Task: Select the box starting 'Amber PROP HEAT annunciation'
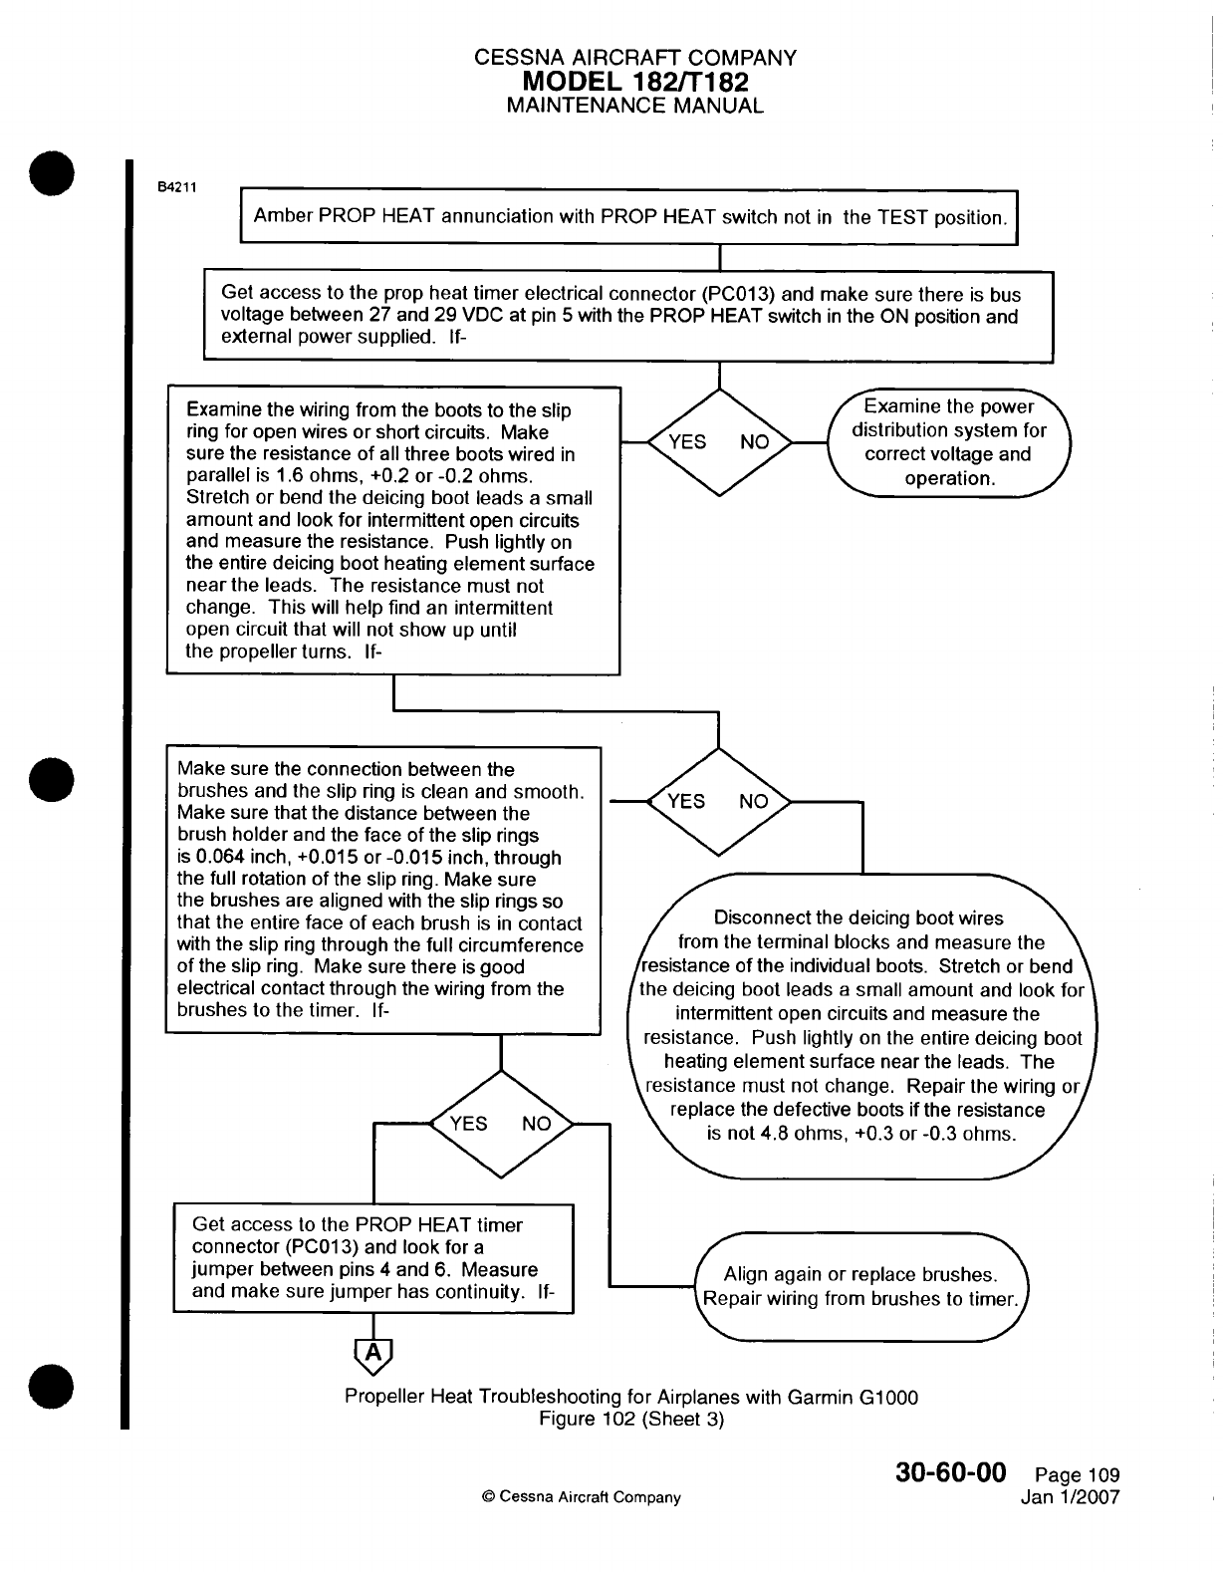pyautogui.click(x=629, y=217)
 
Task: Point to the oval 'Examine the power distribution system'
pyautogui.click(x=949, y=442)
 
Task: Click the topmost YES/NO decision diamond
pyautogui.click(x=718, y=442)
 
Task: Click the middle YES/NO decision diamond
pyautogui.click(x=718, y=802)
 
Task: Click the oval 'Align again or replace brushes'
pyautogui.click(x=861, y=1287)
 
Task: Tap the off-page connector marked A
pyautogui.click(x=373, y=1353)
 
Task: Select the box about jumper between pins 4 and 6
pyautogui.click(x=373, y=1259)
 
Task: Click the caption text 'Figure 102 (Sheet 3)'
pyautogui.click(x=630, y=1420)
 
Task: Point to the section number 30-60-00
pyautogui.click(x=952, y=1472)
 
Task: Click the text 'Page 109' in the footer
pyautogui.click(x=1077, y=1475)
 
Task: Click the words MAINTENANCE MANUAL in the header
pyautogui.click(x=635, y=106)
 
